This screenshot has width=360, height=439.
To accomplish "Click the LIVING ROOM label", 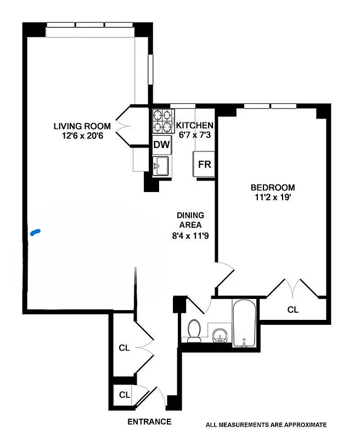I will click(82, 126).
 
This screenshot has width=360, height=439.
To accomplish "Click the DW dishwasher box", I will click(161, 145).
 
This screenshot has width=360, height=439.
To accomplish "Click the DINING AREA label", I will click(190, 220).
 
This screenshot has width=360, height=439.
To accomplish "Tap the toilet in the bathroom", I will click(194, 330).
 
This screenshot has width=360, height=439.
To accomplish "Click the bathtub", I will click(244, 323).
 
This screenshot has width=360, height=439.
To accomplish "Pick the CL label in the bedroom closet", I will click(293, 310).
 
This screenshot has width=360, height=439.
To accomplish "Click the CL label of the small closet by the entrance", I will click(125, 395).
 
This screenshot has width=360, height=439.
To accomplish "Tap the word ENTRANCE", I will click(149, 422).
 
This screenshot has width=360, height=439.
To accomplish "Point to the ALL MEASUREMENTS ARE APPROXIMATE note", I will click(266, 424).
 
